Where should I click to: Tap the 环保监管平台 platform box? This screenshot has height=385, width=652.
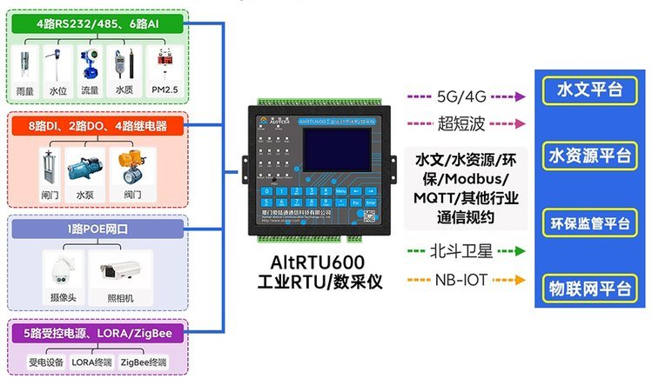(x=588, y=222)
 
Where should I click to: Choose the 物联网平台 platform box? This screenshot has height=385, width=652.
(x=588, y=287)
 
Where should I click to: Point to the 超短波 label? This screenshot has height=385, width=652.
(x=462, y=122)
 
